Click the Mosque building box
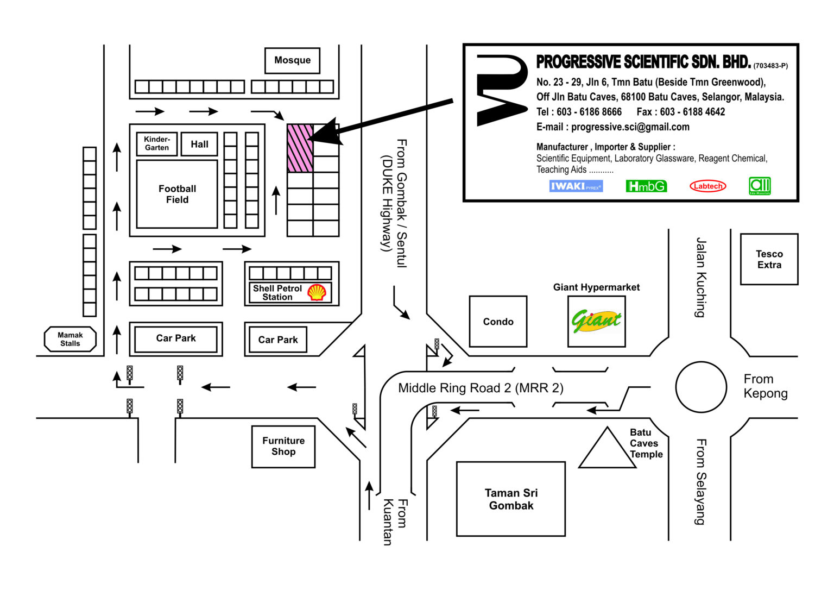(x=292, y=60)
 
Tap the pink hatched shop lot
(x=300, y=148)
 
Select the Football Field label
(x=177, y=194)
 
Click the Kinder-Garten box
(x=156, y=143)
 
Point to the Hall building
(x=199, y=144)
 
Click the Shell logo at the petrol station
(x=317, y=292)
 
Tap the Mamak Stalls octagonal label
(x=70, y=339)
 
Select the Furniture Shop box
(x=283, y=446)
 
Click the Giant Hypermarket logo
(x=596, y=321)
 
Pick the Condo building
(x=498, y=322)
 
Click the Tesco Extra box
(x=769, y=259)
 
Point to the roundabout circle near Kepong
(x=700, y=387)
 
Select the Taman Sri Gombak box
(x=511, y=499)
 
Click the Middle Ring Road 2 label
(x=481, y=388)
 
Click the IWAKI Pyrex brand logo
(x=576, y=186)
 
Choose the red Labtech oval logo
(x=707, y=186)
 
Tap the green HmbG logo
(x=646, y=186)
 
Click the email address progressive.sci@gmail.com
(x=630, y=127)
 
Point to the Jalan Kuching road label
(x=701, y=277)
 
